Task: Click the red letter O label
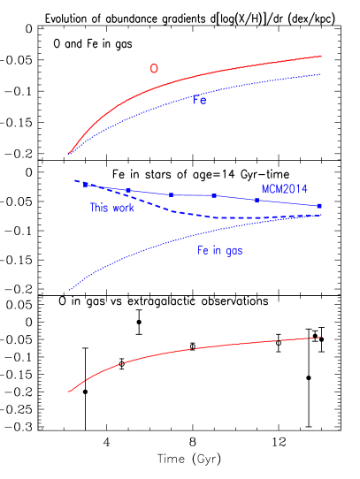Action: pos(154,69)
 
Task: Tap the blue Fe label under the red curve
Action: pos(201,100)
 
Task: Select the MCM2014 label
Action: pos(284,189)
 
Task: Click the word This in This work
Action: pos(99,209)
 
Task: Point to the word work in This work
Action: pos(123,209)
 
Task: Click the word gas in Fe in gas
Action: pos(233,251)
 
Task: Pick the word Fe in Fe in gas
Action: pos(203,251)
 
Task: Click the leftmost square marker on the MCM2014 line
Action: pos(85,184)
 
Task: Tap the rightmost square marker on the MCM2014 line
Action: pos(319,206)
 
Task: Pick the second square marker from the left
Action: pos(127,190)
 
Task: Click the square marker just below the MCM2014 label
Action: pos(257,200)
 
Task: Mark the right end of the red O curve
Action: pos(320,57)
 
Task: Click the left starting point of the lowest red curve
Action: pos(69,392)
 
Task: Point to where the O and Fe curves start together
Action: pos(68,154)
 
